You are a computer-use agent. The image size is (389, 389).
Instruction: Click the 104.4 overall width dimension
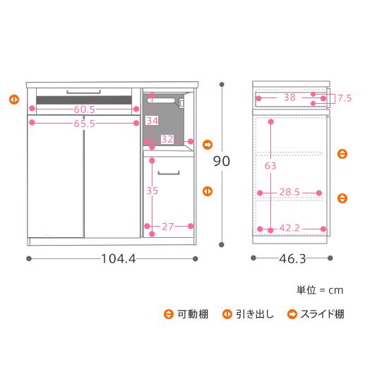click(x=118, y=258)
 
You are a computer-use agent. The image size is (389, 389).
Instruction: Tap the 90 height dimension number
click(x=221, y=161)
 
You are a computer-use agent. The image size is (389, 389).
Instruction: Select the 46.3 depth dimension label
click(x=292, y=258)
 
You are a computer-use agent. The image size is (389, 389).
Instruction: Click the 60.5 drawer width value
click(x=85, y=109)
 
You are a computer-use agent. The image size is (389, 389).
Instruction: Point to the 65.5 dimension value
click(x=85, y=122)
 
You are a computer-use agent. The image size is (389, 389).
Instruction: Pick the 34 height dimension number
click(x=152, y=121)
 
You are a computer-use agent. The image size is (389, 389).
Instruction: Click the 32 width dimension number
click(x=167, y=139)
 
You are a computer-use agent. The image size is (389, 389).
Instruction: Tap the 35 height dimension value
click(x=152, y=191)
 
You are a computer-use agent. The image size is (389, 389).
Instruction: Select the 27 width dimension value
click(x=169, y=226)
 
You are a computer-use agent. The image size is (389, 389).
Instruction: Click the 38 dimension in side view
click(x=289, y=98)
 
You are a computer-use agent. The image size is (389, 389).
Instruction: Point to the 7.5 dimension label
click(x=344, y=99)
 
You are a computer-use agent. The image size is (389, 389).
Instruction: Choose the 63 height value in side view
click(x=270, y=166)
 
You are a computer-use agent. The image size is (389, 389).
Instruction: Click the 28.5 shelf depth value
click(x=290, y=192)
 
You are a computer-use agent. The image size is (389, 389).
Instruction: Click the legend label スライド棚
click(x=322, y=314)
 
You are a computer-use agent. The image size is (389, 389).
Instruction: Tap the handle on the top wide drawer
click(x=85, y=91)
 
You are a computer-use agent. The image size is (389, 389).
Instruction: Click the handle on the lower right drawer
click(x=169, y=172)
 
